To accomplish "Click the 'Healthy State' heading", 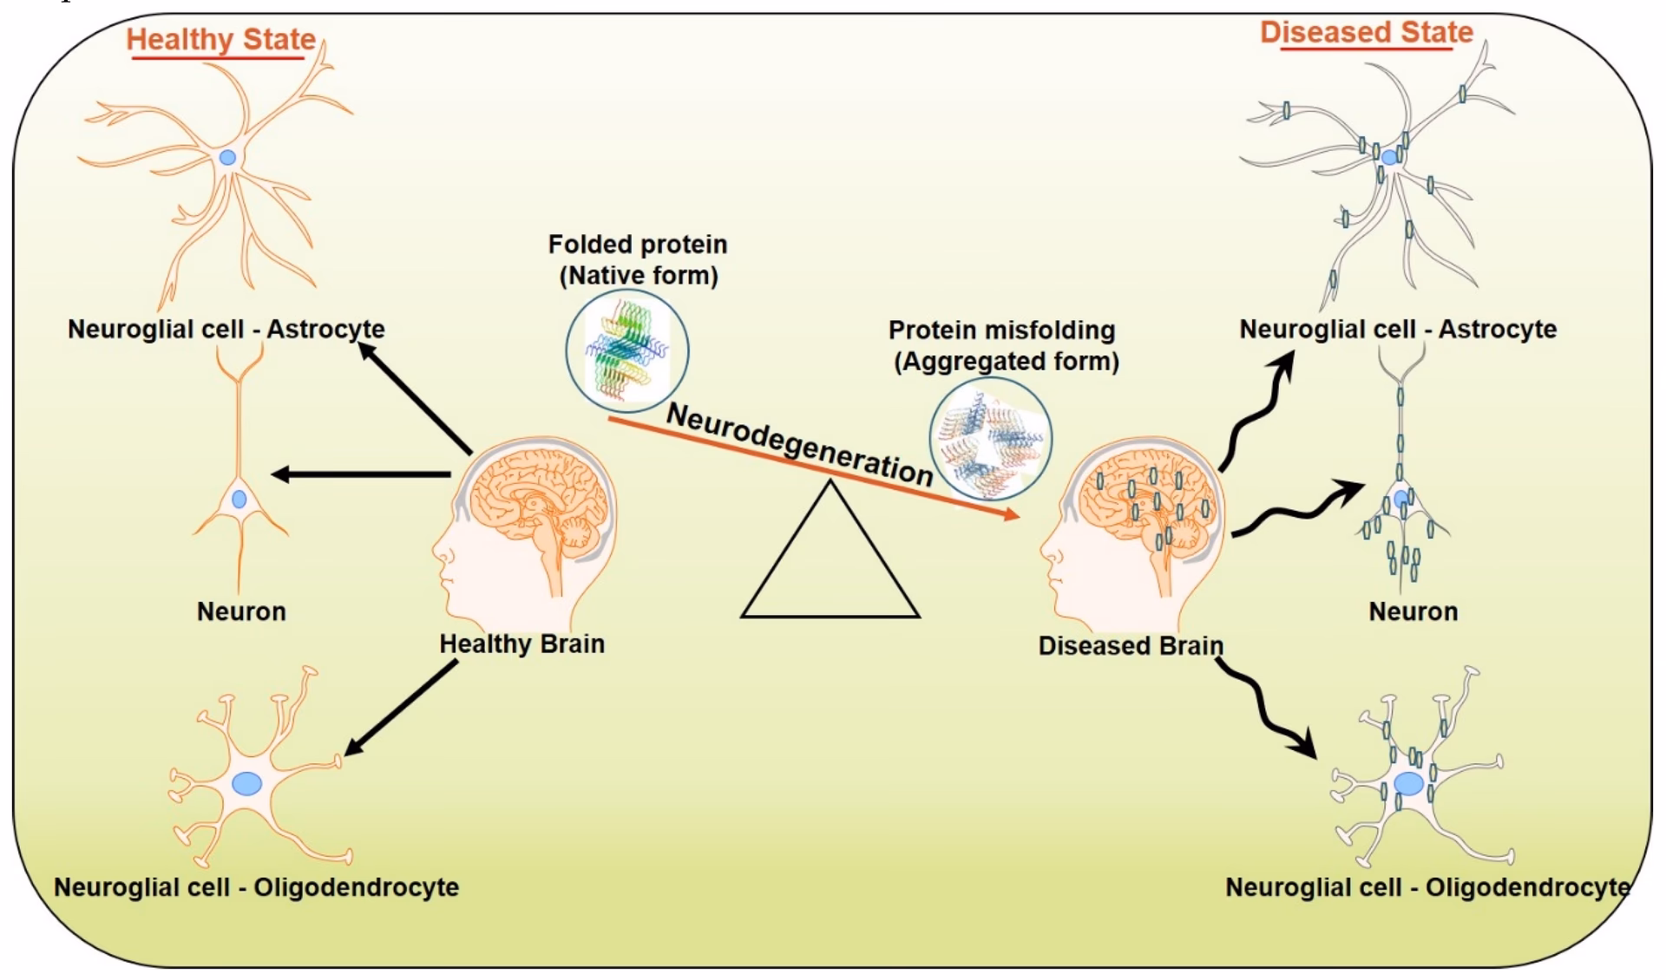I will pyautogui.click(x=220, y=40).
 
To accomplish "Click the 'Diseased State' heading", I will pyautogui.click(x=1367, y=33).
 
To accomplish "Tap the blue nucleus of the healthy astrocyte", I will pyautogui.click(x=227, y=158).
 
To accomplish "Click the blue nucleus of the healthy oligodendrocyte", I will pyautogui.click(x=247, y=783).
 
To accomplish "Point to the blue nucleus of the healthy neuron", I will pyautogui.click(x=239, y=500).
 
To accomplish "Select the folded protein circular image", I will pyautogui.click(x=627, y=350).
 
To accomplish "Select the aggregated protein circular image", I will pyautogui.click(x=990, y=439).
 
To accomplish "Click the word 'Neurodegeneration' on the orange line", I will pyautogui.click(x=798, y=445).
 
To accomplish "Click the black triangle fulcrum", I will pyautogui.click(x=830, y=564).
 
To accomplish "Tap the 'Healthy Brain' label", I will pyautogui.click(x=521, y=644).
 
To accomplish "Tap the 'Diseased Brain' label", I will pyautogui.click(x=1131, y=646).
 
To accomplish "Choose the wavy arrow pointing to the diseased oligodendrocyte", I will pyautogui.click(x=1263, y=708).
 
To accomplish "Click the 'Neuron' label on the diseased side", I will pyautogui.click(x=1413, y=611).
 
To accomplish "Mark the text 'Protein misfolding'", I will pyautogui.click(x=1001, y=330).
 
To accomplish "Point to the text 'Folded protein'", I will pyautogui.click(x=638, y=245).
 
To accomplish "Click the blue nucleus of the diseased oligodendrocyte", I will pyautogui.click(x=1408, y=784).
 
